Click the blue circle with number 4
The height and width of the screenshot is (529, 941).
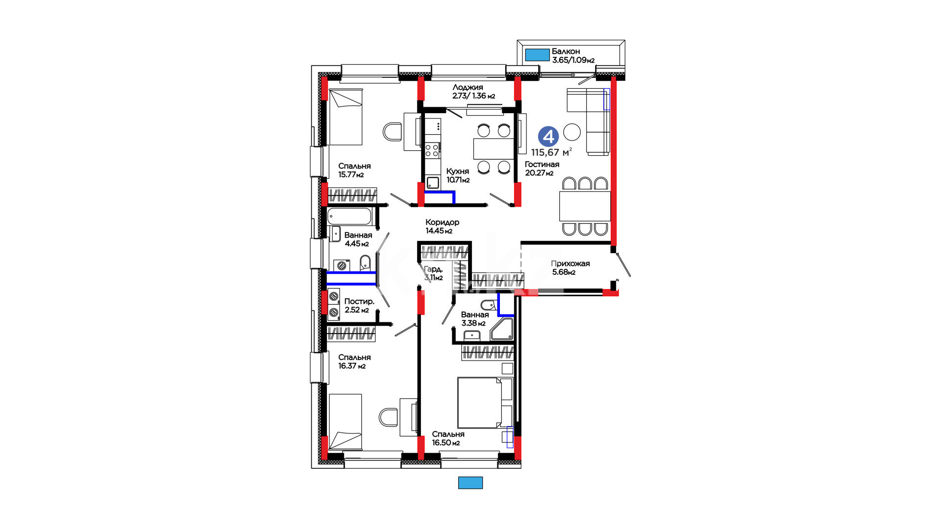pos(548,137)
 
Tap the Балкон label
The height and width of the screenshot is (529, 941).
pos(566,51)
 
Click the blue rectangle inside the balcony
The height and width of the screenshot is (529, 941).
pos(537,55)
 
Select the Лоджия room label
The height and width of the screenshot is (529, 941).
pos(468,88)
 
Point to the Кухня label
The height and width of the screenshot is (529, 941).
pos(458,171)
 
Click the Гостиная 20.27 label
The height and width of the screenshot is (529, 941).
pos(542,168)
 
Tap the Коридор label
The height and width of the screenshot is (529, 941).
pos(443,222)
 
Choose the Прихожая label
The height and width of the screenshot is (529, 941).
pos(570,264)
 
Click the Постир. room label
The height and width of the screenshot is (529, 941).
pos(359,302)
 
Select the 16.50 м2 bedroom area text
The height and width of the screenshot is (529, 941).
pos(446,443)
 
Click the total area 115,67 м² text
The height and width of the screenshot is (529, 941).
pos(551,152)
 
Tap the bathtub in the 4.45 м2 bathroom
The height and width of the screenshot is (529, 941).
pos(349,216)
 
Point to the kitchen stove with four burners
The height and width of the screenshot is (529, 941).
pos(432,150)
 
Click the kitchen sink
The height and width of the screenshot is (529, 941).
pos(433,183)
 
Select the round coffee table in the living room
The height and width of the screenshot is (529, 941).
pos(572,132)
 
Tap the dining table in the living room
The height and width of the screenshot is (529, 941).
pos(585,206)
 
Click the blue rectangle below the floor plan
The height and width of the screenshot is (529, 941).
pos(470,483)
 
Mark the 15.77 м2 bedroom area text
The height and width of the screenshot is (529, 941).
pos(351,175)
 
